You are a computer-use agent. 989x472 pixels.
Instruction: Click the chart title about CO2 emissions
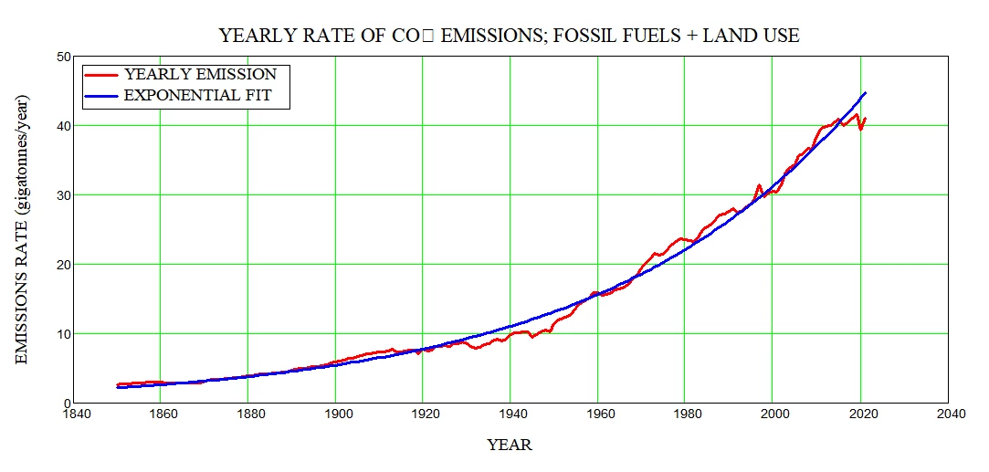[x=509, y=37]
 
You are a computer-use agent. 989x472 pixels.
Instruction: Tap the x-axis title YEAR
[x=510, y=446]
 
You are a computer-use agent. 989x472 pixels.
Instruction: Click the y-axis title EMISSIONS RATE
[x=23, y=229]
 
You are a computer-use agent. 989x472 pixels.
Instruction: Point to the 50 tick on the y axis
[x=63, y=57]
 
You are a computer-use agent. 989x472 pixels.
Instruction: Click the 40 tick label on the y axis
[x=63, y=126]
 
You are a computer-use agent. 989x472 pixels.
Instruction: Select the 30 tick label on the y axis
[x=63, y=195]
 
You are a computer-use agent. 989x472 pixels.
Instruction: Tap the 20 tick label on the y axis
[x=63, y=265]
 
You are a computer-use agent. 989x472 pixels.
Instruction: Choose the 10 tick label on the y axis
[x=63, y=334]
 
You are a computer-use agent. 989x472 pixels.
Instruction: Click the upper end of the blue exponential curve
[x=865, y=93]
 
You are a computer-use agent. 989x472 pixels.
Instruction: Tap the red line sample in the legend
[x=102, y=74]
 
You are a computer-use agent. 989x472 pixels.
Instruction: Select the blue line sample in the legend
[x=102, y=95]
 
